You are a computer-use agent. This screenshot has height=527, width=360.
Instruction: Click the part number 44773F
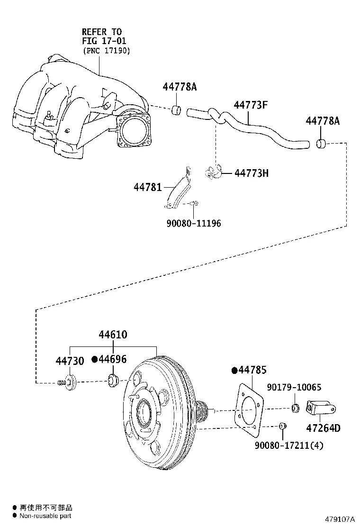point(251,105)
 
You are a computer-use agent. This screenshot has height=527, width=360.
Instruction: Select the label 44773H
point(252,173)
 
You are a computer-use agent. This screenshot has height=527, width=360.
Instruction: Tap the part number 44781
point(148,188)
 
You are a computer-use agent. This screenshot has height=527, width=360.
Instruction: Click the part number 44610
point(113,335)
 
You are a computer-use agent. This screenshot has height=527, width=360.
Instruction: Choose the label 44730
point(70,361)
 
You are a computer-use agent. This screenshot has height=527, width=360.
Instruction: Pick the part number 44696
point(112,359)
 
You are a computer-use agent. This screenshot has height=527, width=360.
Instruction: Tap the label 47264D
point(323,428)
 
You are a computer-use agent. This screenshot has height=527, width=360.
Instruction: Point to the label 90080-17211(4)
point(289,445)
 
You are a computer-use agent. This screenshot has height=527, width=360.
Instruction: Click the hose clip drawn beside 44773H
point(213,173)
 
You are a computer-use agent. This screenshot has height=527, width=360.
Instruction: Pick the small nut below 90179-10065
point(294,408)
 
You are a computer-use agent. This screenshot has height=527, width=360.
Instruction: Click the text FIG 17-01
point(104,41)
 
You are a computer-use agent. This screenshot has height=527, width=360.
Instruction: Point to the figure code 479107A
point(339,519)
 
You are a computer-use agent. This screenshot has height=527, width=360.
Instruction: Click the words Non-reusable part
point(45,516)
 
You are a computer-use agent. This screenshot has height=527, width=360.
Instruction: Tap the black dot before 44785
point(234,370)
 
